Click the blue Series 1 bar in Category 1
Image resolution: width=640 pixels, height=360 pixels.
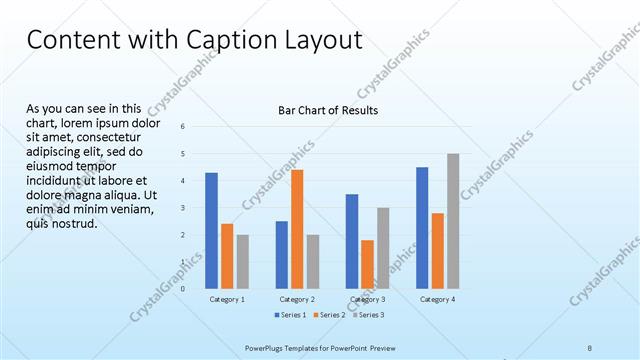pos(211,230)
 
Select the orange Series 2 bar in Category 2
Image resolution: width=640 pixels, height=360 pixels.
pos(297,229)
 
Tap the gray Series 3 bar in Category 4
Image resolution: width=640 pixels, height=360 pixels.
pos(453,221)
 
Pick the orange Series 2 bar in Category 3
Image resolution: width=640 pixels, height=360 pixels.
pos(367,264)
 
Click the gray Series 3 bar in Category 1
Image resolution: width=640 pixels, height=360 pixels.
pos(243,262)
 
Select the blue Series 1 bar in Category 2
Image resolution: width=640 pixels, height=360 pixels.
pos(281,255)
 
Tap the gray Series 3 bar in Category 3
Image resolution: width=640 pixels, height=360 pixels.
pos(383,248)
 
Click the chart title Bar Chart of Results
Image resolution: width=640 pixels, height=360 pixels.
pos(327,110)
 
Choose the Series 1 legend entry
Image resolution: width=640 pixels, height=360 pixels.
pos(290,315)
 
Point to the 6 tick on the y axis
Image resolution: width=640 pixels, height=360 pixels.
pos(183,127)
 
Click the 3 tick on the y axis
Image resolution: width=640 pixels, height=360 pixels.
pos(183,208)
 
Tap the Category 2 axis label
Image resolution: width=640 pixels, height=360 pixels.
pos(297,299)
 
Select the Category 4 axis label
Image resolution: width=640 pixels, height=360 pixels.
pos(438,299)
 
